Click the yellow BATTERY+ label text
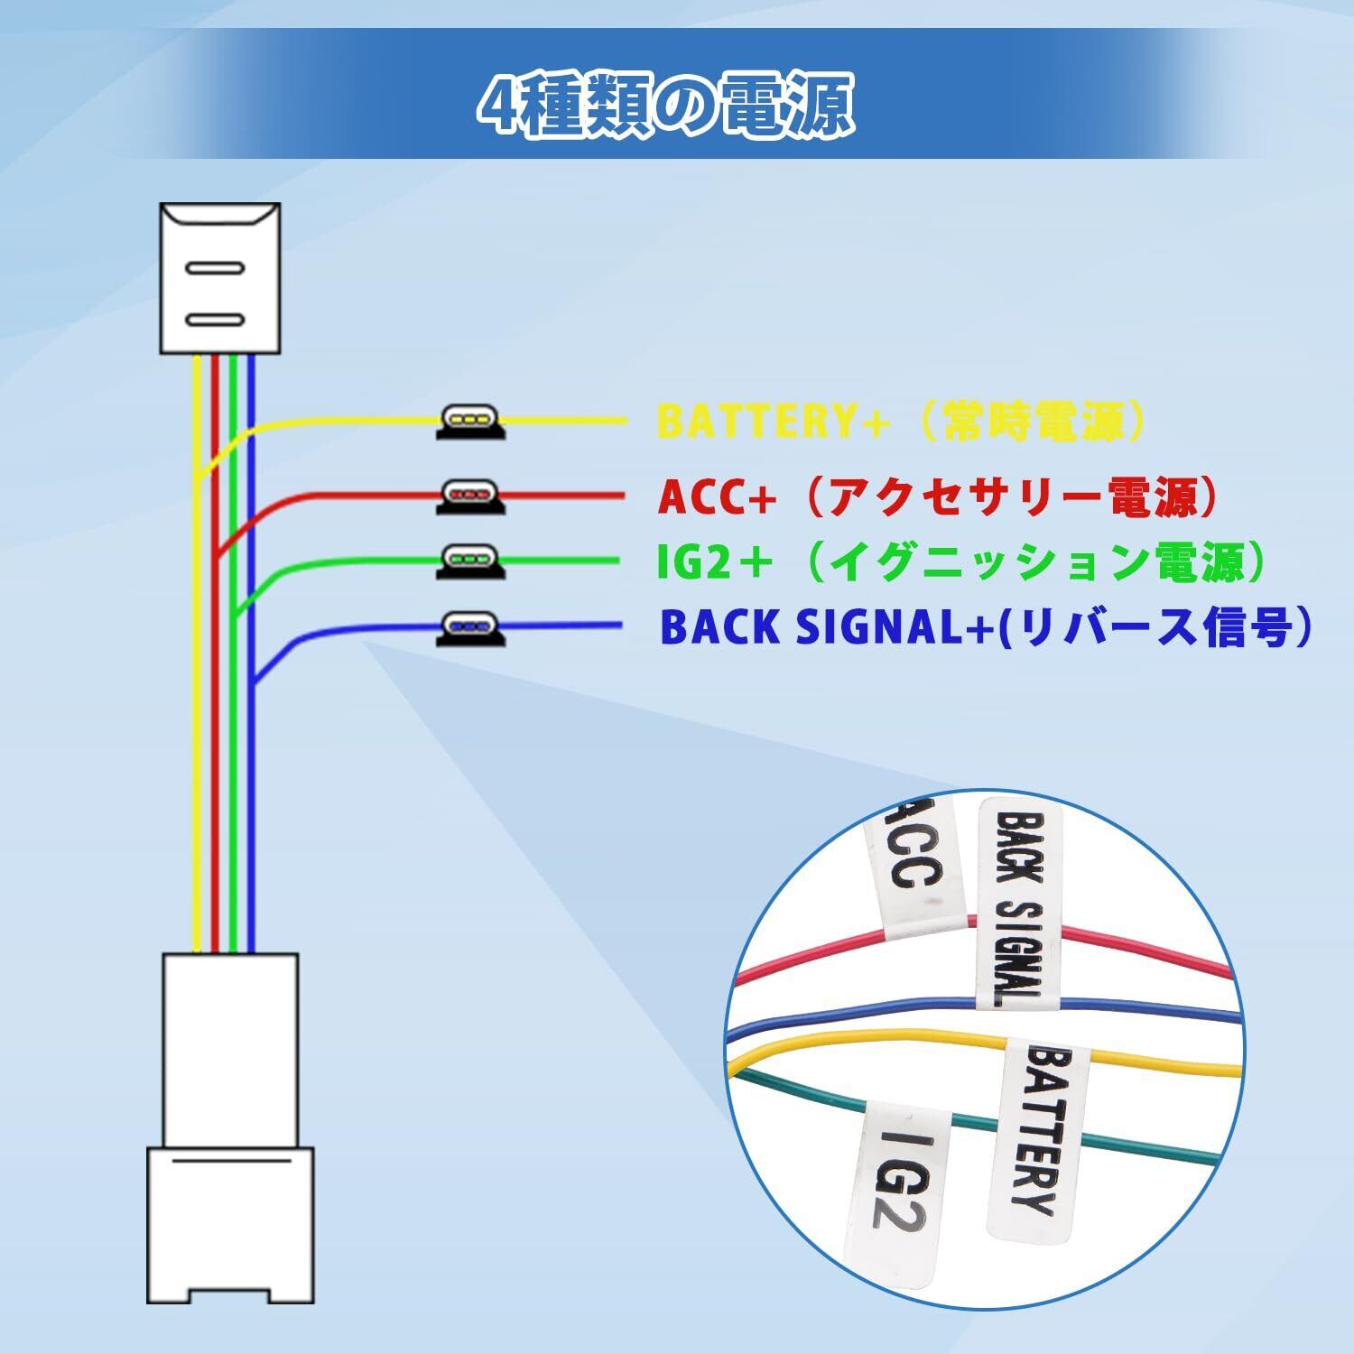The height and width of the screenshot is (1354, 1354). click(903, 421)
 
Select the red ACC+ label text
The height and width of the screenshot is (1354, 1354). click(939, 497)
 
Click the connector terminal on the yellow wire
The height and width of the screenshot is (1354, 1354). click(470, 421)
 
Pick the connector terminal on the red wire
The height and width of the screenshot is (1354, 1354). click(470, 496)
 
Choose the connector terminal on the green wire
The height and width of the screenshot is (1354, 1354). click(470, 561)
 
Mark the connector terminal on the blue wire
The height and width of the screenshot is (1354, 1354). click(470, 626)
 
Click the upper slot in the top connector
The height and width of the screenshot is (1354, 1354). click(214, 268)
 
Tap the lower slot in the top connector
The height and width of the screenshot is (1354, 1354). click(214, 320)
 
